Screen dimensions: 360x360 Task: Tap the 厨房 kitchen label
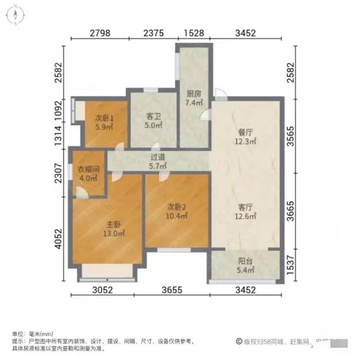(x=193, y=94)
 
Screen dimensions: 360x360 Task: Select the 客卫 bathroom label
(x=154, y=118)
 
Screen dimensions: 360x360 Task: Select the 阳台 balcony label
(x=243, y=262)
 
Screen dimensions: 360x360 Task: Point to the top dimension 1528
(x=192, y=34)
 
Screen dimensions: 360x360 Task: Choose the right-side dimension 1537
(x=293, y=266)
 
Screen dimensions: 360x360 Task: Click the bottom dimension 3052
(x=107, y=292)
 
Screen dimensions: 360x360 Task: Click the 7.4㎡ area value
(x=193, y=103)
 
